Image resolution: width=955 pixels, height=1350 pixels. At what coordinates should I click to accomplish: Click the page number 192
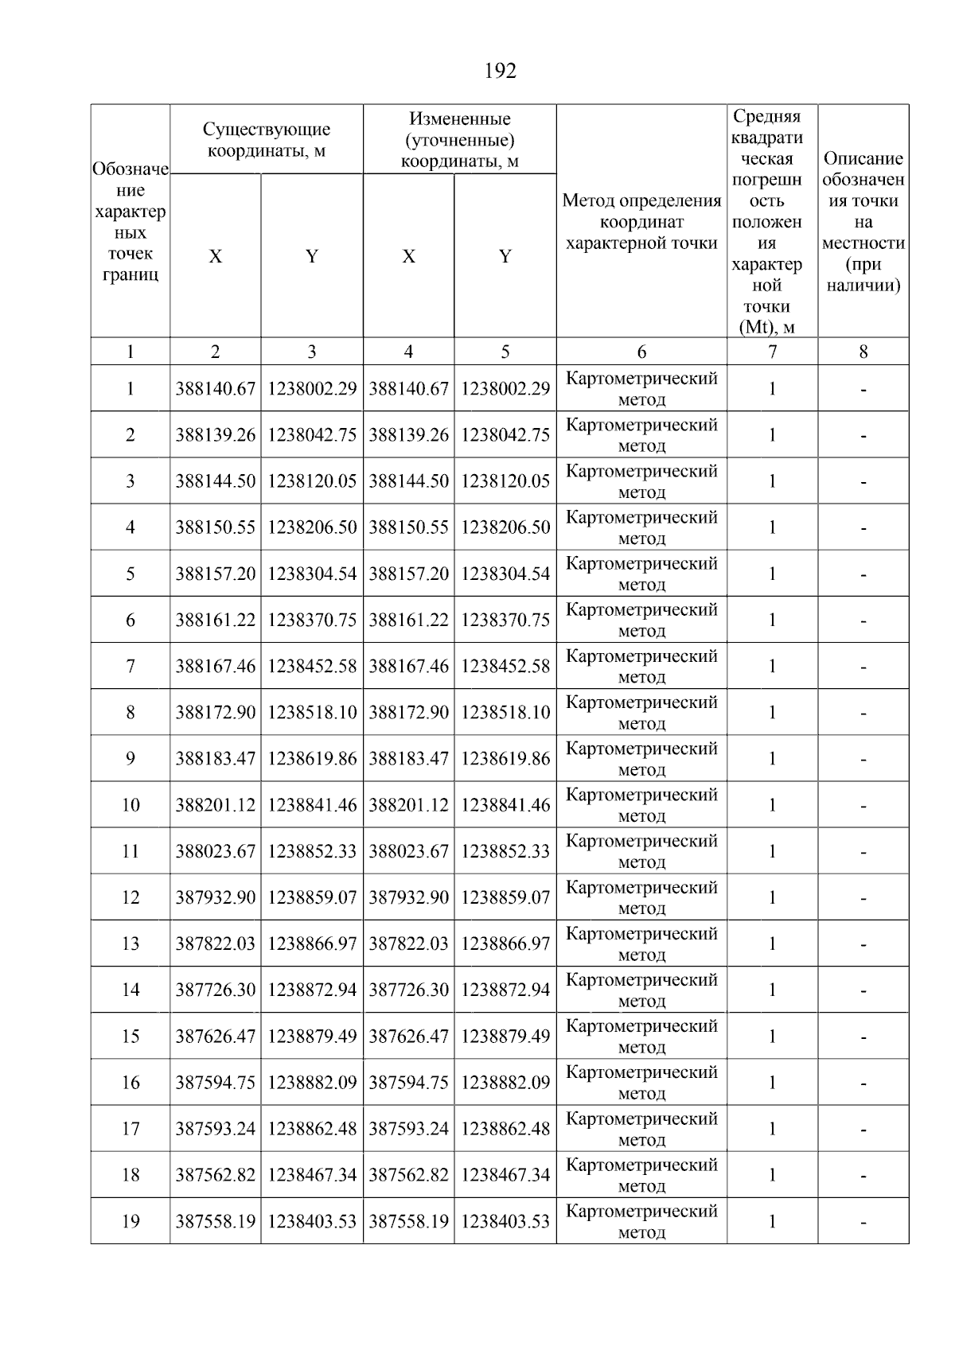(500, 72)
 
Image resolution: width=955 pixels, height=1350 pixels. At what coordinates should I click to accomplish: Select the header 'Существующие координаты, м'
(266, 139)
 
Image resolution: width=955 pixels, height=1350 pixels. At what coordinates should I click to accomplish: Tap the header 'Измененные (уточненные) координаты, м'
(459, 140)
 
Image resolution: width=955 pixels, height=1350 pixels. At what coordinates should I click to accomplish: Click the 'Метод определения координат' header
(641, 222)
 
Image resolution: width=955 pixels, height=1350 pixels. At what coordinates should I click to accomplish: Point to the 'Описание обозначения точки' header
(863, 222)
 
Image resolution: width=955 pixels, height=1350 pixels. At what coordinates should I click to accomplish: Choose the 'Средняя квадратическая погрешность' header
(771, 222)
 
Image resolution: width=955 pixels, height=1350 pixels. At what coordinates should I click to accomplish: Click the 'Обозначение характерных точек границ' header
(130, 222)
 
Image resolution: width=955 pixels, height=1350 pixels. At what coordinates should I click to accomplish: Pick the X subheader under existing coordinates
(215, 256)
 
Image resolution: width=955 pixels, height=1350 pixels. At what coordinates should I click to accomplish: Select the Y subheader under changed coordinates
(505, 256)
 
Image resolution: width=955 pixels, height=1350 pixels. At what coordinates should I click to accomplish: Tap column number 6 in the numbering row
(641, 352)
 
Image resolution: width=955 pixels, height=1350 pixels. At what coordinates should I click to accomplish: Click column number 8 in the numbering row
(863, 352)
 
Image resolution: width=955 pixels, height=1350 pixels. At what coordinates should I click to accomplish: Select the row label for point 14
(130, 990)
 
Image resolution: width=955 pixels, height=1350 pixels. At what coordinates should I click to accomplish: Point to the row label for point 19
(130, 1221)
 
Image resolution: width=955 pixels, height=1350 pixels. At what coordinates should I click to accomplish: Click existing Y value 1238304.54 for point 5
(312, 574)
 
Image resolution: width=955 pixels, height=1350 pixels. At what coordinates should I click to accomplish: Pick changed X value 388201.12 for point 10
(408, 805)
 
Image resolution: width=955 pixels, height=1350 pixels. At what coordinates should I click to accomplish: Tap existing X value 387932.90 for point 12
(215, 897)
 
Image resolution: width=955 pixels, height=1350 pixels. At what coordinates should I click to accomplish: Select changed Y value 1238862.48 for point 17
(505, 1129)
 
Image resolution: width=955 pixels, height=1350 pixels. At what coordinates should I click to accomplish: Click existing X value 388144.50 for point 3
(215, 481)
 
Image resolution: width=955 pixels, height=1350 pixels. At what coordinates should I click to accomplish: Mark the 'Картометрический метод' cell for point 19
(641, 1221)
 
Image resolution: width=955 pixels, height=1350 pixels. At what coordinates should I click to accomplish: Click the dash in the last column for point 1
(863, 390)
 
